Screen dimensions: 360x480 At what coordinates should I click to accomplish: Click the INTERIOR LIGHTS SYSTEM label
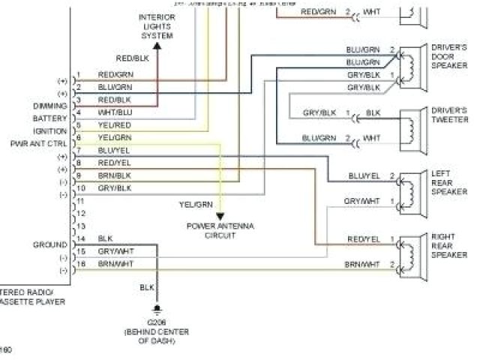(157, 26)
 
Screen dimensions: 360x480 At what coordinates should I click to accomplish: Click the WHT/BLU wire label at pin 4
(115, 112)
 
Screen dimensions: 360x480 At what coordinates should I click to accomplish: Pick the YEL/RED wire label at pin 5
(115, 124)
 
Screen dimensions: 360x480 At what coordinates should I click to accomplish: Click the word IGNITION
(51, 130)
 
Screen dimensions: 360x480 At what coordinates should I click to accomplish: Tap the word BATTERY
(50, 118)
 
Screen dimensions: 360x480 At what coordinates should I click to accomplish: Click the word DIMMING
(50, 106)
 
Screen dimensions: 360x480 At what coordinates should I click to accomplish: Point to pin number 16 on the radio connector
(81, 264)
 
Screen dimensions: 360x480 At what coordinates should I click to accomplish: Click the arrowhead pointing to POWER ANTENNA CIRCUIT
(220, 217)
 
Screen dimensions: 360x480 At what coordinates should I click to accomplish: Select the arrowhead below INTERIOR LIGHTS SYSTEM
(157, 44)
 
